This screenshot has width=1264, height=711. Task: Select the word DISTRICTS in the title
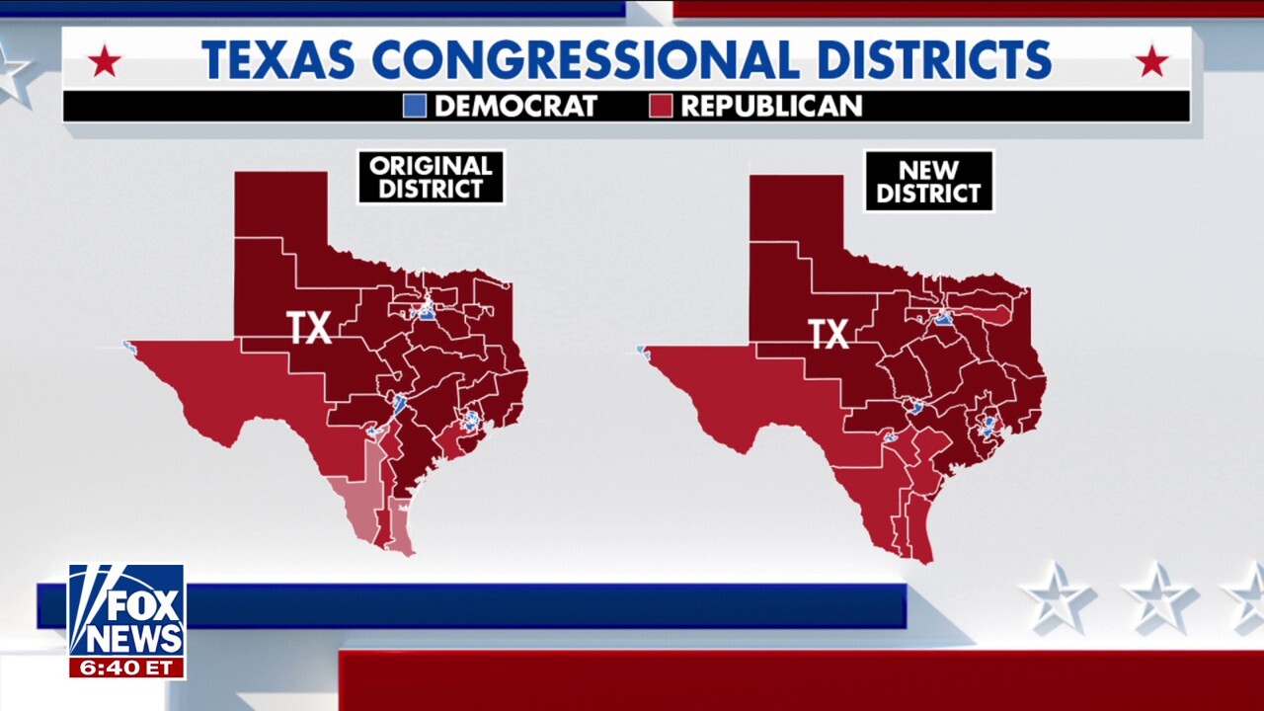click(x=926, y=59)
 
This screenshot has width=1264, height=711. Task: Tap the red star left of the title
click(x=104, y=62)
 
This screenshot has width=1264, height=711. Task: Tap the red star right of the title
click(x=1151, y=62)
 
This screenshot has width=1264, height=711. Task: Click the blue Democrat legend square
click(x=415, y=106)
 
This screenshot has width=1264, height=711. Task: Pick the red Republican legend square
click(x=661, y=106)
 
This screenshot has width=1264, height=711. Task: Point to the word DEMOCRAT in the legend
click(x=515, y=106)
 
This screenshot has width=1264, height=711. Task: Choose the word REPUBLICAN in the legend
click(x=771, y=106)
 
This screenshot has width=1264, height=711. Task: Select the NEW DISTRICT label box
click(x=928, y=181)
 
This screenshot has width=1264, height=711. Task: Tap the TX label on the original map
click(x=309, y=328)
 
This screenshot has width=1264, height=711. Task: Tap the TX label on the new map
click(x=829, y=334)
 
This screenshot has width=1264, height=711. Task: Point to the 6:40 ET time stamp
click(x=126, y=668)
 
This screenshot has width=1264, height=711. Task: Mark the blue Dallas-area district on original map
click(x=427, y=313)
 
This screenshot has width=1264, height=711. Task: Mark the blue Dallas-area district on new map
click(x=944, y=318)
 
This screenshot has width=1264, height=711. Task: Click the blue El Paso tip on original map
click(x=127, y=346)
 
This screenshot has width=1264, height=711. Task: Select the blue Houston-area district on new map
click(x=987, y=427)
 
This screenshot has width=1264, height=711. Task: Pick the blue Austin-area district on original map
click(x=399, y=403)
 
